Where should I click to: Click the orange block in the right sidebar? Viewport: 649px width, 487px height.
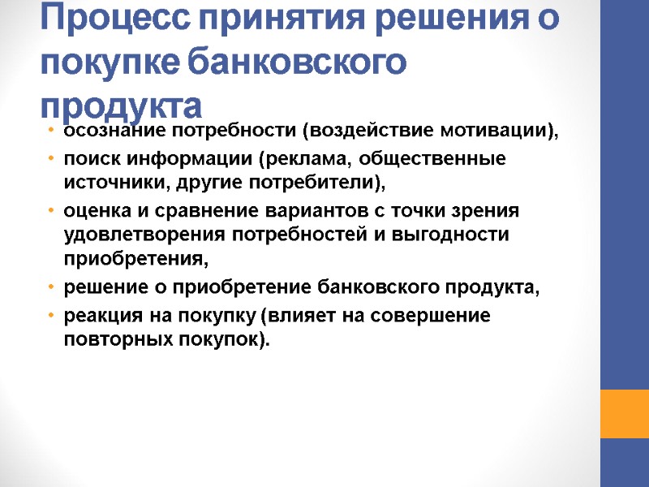(624, 413)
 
